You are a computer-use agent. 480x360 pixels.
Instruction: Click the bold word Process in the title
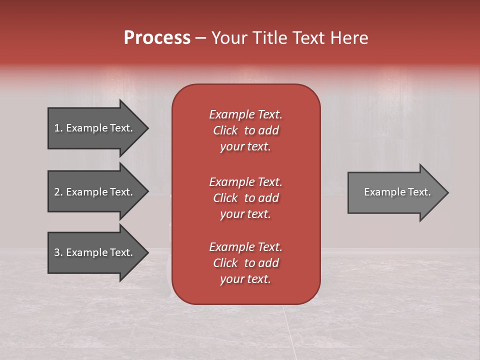coord(157,38)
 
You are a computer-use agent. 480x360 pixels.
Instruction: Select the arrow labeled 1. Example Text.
coord(95,128)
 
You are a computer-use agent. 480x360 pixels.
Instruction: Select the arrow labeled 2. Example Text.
coord(95,192)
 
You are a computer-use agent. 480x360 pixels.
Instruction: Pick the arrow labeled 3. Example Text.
coord(95,252)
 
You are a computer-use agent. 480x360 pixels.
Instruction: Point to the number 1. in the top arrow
coord(58,128)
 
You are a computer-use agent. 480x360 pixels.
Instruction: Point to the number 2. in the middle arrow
coord(58,192)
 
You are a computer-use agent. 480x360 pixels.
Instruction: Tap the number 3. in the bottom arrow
coord(58,252)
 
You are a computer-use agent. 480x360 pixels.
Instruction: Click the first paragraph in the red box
coord(245,130)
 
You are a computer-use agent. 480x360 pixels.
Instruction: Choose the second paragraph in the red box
coord(245,198)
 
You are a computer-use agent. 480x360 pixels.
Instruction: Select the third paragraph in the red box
coord(245,263)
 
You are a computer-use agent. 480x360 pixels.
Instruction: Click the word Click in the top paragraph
coord(225,130)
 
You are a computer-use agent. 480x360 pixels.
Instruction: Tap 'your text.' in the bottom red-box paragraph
coord(245,279)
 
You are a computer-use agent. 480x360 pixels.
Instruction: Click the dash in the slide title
coord(201,38)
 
